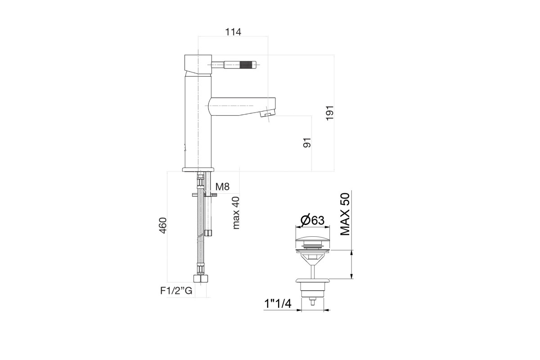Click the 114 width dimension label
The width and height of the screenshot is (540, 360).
click(x=233, y=32)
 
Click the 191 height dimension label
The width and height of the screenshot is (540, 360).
click(x=329, y=113)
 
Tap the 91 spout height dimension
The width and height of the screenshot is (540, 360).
click(x=307, y=143)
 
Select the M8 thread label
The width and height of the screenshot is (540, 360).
click(x=222, y=186)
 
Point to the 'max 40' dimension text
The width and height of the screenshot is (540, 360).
click(x=236, y=213)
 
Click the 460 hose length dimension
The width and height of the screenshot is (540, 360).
click(x=163, y=225)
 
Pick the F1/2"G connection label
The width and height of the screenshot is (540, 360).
click(x=176, y=291)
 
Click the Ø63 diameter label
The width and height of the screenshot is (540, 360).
click(x=312, y=220)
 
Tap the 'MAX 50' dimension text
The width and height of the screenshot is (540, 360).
click(x=345, y=214)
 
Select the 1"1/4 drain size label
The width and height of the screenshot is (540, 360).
click(x=278, y=304)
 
